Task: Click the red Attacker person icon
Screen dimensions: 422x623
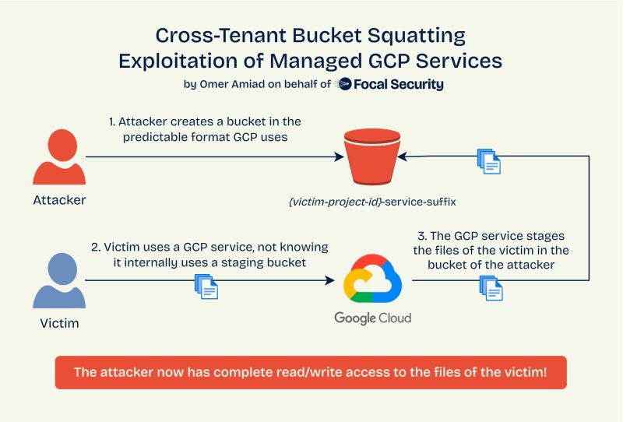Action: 58,156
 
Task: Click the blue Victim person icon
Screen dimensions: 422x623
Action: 58,281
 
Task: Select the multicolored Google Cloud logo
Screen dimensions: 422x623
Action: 371,279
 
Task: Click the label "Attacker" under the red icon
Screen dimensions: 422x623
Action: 59,200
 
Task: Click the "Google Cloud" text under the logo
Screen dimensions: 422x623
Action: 372,318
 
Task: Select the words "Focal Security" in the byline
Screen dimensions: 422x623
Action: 399,85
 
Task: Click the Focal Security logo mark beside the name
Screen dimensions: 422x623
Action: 343,85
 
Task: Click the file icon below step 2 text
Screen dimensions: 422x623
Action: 206,286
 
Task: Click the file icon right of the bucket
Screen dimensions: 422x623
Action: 488,161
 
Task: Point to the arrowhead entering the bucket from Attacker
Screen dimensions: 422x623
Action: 340,157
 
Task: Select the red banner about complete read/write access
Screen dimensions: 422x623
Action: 310,371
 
